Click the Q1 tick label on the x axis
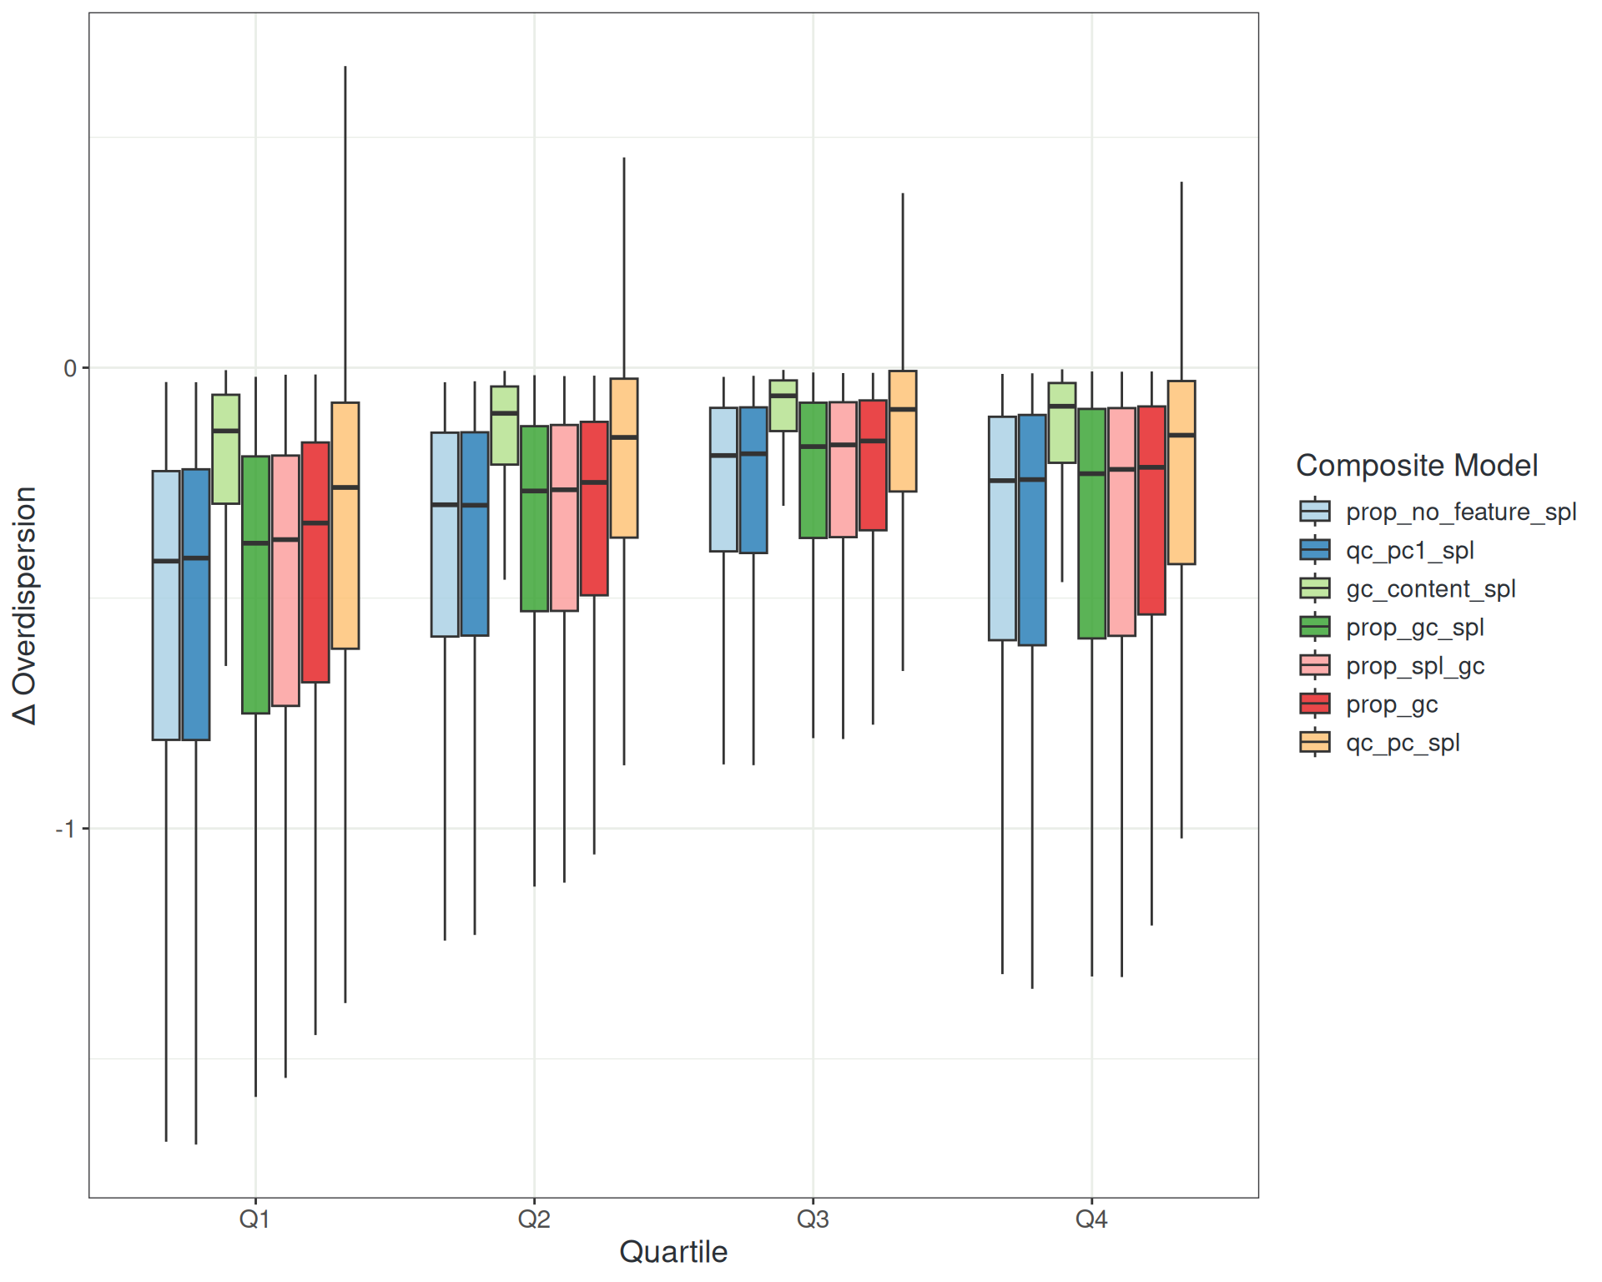pos(254,1219)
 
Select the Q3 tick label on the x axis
pos(813,1219)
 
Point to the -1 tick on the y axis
pos(66,829)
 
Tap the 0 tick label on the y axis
pos(70,368)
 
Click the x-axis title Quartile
pos(673,1252)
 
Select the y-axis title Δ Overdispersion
pos(25,605)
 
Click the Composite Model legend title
pos(1416,466)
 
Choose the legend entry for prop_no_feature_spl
pos(1460,512)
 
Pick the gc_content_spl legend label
pos(1430,589)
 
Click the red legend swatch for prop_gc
pos(1315,704)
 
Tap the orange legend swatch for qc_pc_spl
pos(1315,743)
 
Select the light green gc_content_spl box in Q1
pos(226,449)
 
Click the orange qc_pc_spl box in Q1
pos(345,526)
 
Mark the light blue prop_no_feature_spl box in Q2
pos(445,534)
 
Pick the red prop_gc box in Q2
pos(594,508)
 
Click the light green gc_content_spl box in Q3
pos(783,406)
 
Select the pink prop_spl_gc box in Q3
pos(843,470)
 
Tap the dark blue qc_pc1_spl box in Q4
pos(1032,530)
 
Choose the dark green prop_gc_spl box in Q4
pos(1091,523)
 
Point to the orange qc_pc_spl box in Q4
pos(1181,472)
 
